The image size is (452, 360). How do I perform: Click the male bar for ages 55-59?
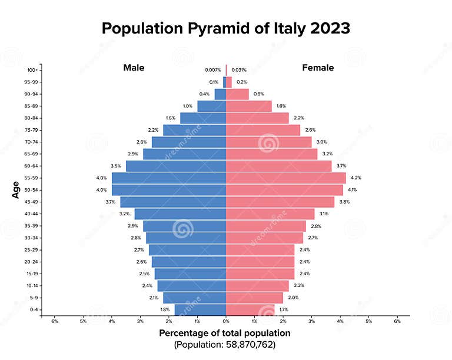click(x=169, y=178)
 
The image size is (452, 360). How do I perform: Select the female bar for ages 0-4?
click(x=250, y=309)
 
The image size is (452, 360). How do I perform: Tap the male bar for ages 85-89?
click(x=211, y=106)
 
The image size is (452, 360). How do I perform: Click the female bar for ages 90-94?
click(x=237, y=94)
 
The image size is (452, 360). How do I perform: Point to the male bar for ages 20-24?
click(x=189, y=262)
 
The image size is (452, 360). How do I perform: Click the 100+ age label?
click(x=32, y=70)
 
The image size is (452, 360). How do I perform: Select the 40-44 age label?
click(x=31, y=214)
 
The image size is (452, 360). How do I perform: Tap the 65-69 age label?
click(x=31, y=154)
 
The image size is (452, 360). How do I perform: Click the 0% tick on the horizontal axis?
click(x=226, y=321)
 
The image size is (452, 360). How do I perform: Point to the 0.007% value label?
click(x=213, y=70)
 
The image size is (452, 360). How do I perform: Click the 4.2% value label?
click(x=355, y=178)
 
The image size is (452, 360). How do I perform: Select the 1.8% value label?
click(x=165, y=309)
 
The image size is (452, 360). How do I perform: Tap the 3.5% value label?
click(x=115, y=166)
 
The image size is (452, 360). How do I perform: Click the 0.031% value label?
click(x=239, y=70)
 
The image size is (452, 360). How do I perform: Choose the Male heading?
click(x=134, y=68)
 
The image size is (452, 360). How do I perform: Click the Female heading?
click(x=318, y=68)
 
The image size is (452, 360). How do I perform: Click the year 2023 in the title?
click(x=325, y=28)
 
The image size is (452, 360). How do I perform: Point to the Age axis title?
click(x=16, y=189)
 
